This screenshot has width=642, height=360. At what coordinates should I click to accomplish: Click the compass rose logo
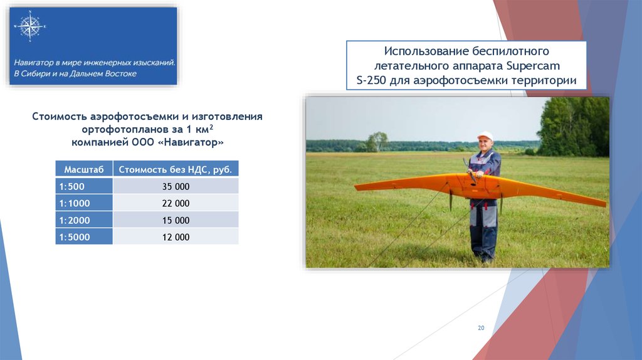pos(29,26)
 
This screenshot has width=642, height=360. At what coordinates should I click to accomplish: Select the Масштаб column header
pos(84,169)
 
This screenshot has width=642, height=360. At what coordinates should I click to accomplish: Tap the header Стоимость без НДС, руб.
pos(176,169)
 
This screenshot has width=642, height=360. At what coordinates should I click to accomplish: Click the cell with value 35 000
pos(176,186)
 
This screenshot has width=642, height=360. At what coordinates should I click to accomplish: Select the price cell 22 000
pos(176,203)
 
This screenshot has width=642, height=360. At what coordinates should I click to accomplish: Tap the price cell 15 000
pos(176,220)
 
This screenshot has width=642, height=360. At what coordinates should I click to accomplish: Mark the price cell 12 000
pos(176,236)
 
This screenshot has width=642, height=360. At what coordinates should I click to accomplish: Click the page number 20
pos(481,327)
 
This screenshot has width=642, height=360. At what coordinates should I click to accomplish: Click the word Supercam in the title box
pos(533,66)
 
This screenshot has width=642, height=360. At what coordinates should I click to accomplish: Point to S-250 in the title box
pos(371,80)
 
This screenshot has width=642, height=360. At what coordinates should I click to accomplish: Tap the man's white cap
pos(485,135)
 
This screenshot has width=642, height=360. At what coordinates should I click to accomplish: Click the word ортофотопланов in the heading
pos(122,129)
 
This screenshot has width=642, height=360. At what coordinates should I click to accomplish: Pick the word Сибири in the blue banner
pos(35,74)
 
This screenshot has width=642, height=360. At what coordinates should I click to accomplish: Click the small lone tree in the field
pos(377,142)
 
